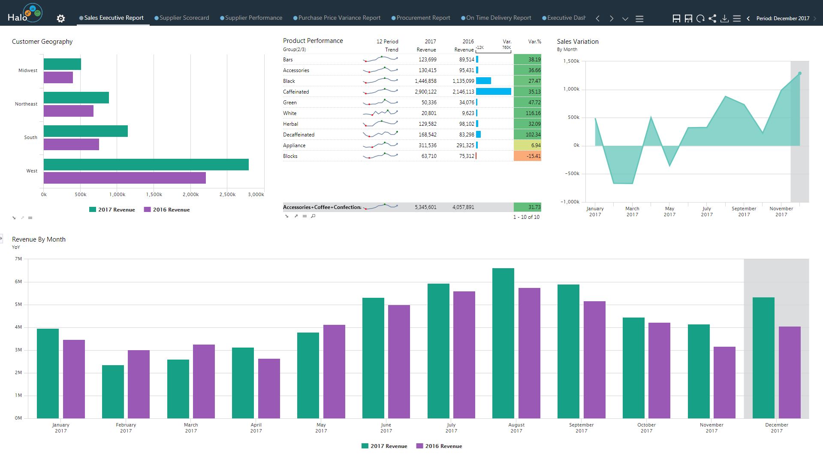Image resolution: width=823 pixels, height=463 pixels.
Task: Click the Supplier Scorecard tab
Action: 184,18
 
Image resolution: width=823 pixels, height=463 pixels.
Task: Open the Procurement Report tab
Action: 423,18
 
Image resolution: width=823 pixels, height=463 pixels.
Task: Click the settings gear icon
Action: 61,18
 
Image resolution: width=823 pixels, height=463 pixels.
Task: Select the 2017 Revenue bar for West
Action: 146,164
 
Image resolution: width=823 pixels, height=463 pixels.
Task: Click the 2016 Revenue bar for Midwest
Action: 58,78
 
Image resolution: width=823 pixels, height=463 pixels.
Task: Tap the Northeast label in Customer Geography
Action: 26,104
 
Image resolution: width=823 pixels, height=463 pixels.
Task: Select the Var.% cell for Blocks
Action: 528,156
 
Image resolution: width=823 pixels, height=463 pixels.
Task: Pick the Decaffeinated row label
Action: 298,135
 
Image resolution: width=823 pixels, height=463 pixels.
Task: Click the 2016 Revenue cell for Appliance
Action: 465,145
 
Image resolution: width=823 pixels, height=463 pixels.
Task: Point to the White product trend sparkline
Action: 380,113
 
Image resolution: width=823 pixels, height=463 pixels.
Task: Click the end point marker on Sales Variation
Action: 800,73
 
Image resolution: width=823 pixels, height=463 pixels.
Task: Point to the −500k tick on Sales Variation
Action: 570,174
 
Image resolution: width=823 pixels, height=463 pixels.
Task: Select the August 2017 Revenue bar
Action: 503,343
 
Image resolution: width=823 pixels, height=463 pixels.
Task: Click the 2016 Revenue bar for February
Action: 139,384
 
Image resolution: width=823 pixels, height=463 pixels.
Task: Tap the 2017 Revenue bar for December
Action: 763,357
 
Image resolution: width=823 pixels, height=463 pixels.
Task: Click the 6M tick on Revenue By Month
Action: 18,282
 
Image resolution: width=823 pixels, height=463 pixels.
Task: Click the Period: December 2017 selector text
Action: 783,18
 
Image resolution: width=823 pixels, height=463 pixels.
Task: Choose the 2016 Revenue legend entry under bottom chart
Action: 439,446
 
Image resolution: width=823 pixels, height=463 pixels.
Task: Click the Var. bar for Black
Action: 483,81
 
